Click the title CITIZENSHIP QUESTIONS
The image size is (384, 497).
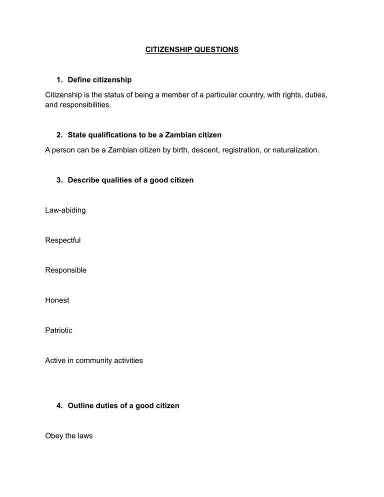(192, 50)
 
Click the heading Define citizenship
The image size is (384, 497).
(99, 79)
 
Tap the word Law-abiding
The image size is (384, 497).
(65, 210)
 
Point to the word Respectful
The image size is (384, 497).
(62, 240)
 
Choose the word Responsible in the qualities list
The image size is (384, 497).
(65, 270)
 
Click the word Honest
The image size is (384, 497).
(57, 300)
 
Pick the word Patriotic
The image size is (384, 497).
(58, 330)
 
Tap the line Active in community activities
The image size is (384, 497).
(93, 360)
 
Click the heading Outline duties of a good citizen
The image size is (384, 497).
(123, 406)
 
